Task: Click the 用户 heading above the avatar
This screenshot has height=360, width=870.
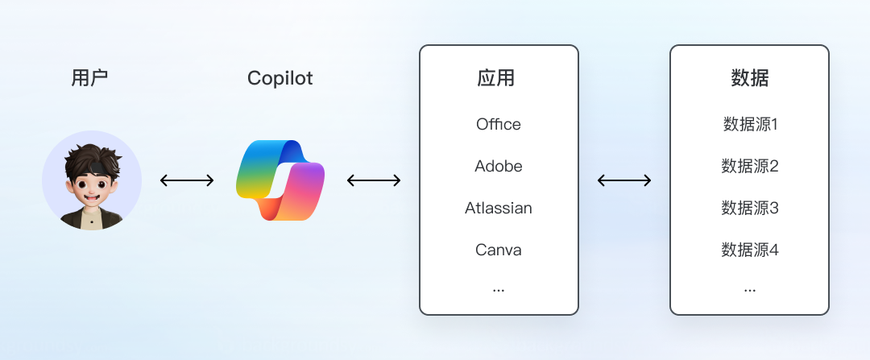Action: pyautogui.click(x=89, y=78)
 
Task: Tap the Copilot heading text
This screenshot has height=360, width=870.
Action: pyautogui.click(x=280, y=78)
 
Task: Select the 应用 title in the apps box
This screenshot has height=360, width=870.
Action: pyautogui.click(x=496, y=78)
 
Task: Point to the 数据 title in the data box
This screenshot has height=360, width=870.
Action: pyautogui.click(x=750, y=78)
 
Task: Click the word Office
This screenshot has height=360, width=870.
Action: pyautogui.click(x=499, y=124)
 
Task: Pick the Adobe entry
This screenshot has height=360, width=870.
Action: pyautogui.click(x=499, y=166)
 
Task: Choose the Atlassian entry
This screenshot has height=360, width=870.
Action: pyautogui.click(x=499, y=208)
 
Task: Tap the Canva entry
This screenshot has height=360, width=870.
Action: pyautogui.click(x=499, y=250)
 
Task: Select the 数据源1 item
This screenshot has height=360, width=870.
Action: pyautogui.click(x=750, y=124)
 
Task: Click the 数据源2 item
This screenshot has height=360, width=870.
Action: pyautogui.click(x=750, y=166)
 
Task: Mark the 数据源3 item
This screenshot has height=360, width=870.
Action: pyautogui.click(x=750, y=208)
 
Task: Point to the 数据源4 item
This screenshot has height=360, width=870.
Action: pyautogui.click(x=750, y=250)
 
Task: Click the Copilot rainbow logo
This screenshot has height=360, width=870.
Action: pyautogui.click(x=280, y=180)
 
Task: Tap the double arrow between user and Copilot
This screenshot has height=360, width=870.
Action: pyautogui.click(x=187, y=180)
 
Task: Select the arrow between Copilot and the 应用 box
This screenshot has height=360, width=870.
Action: pyautogui.click(x=374, y=180)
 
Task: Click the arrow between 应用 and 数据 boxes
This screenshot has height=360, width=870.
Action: pyautogui.click(x=624, y=180)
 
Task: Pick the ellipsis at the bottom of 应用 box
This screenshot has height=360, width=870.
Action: pyautogui.click(x=499, y=290)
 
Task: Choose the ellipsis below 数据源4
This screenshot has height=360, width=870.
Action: pyautogui.click(x=750, y=290)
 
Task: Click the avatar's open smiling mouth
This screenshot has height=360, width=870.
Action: pyautogui.click(x=92, y=197)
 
